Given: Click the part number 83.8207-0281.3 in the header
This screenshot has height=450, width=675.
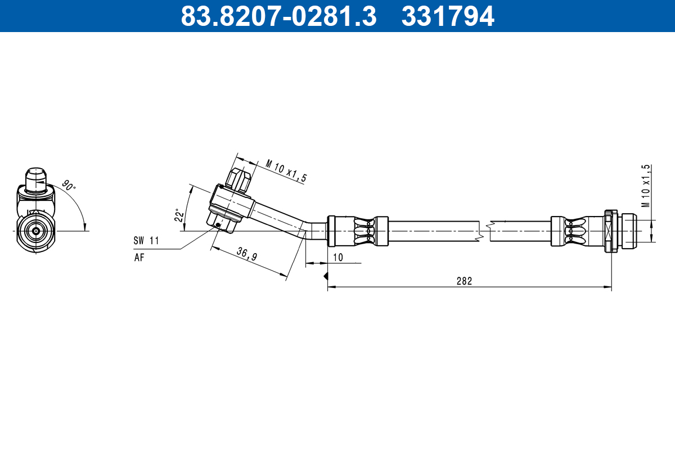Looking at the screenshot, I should [x=278, y=16].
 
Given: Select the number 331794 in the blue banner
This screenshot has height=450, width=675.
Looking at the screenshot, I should [x=448, y=16].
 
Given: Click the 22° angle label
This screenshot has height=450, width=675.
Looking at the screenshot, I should [x=179, y=215].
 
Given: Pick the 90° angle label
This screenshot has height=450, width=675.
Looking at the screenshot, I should [x=68, y=186].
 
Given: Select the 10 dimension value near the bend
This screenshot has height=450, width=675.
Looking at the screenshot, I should [x=337, y=257].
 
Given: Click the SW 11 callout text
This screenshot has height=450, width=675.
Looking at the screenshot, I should [x=146, y=241].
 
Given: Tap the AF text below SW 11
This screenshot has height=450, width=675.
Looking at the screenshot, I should [x=139, y=258].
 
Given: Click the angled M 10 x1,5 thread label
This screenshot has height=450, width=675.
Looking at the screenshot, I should [x=286, y=172].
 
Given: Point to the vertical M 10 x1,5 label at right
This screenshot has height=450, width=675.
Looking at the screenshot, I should [x=646, y=186].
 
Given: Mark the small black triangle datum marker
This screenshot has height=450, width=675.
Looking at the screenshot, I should [x=325, y=276].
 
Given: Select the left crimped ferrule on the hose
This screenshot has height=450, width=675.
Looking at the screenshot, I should [x=358, y=231].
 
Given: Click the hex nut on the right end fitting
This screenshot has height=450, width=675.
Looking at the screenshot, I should [x=610, y=231].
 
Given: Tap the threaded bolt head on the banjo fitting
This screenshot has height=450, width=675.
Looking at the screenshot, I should [x=239, y=179].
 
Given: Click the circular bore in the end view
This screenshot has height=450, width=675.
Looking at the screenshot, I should [x=36, y=231].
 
